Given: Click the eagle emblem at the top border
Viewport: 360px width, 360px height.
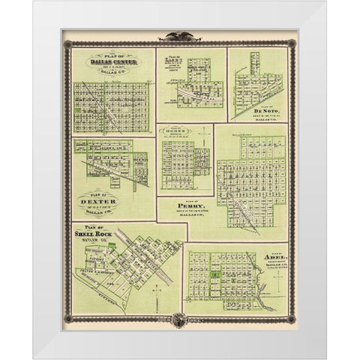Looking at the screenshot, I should pos(179,35).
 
